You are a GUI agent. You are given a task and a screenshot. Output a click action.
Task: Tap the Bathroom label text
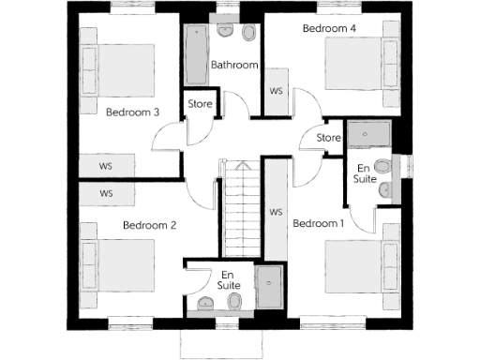click(x=233, y=65)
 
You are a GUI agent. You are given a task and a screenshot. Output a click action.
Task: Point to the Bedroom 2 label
click(x=150, y=225)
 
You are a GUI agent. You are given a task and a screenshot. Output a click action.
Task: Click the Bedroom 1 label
click(x=319, y=224)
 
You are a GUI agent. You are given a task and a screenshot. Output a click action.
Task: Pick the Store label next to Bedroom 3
click(x=200, y=103)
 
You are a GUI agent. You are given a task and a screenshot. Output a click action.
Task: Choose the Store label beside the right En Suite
click(x=328, y=139)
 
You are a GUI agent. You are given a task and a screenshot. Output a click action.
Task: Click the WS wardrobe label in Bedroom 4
click(x=277, y=92)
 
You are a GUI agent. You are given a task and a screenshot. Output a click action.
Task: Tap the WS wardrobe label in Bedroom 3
click(x=106, y=165)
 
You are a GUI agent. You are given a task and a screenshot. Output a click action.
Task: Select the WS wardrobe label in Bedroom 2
click(x=106, y=193)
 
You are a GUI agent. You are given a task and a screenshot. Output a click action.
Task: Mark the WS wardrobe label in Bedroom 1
click(x=276, y=213)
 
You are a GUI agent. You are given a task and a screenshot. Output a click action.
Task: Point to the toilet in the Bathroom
click(x=248, y=34)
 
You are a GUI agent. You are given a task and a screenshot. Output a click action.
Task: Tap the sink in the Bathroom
click(x=226, y=29)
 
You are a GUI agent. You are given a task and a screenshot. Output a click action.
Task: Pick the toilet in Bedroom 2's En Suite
click(x=234, y=300)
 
